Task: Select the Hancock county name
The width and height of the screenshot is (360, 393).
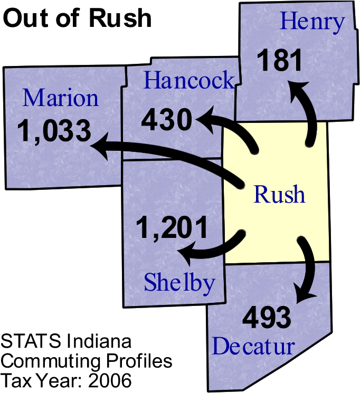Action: click(x=189, y=80)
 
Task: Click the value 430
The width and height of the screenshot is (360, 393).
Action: click(x=167, y=120)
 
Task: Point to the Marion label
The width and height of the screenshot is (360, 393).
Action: click(x=61, y=98)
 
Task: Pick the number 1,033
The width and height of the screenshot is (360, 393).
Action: click(x=54, y=131)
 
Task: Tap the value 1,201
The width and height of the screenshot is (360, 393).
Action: click(x=172, y=228)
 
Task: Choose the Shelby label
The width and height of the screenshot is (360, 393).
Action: click(x=179, y=283)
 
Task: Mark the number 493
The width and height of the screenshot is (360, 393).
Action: click(x=267, y=317)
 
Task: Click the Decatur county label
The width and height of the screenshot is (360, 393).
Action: click(x=253, y=346)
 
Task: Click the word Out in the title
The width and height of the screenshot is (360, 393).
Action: click(x=26, y=18)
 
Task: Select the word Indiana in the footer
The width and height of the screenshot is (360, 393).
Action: click(x=99, y=341)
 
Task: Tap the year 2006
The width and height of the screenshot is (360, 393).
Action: click(x=110, y=380)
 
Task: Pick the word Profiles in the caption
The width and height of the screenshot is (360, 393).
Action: click(x=139, y=361)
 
